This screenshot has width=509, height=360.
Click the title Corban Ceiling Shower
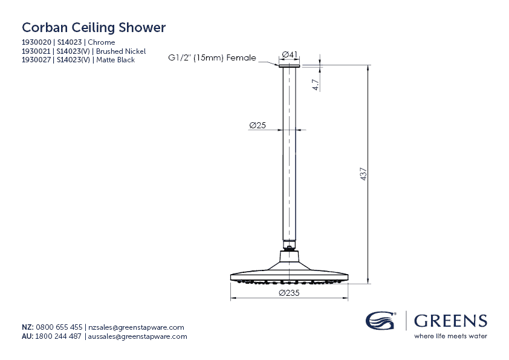[x=94, y=28]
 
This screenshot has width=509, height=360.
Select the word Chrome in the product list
[x=102, y=42]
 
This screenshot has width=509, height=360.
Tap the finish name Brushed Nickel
[x=121, y=51]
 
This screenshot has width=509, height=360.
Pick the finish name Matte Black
[x=115, y=60]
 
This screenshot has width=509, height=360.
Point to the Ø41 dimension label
[x=290, y=55]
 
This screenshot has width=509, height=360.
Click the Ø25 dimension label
[x=258, y=125]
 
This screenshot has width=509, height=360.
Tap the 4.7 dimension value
[x=316, y=85]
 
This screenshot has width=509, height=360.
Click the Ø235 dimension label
[x=290, y=293]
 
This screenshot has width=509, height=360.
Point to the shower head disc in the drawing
[x=290, y=277]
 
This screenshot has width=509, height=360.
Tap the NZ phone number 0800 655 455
[x=59, y=327]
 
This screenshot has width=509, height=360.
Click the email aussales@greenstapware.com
[x=137, y=336]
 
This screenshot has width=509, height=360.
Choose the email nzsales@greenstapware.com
[x=136, y=327]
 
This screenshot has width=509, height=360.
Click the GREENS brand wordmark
[x=450, y=320]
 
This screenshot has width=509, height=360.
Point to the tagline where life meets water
[x=450, y=336]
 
